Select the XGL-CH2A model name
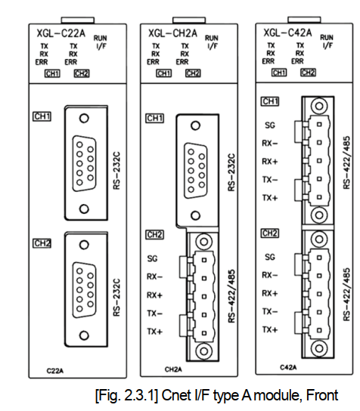click(172, 33)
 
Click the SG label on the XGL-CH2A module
click(153, 258)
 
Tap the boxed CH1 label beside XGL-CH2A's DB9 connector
click(155, 119)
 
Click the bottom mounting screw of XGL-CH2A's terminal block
click(202, 351)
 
